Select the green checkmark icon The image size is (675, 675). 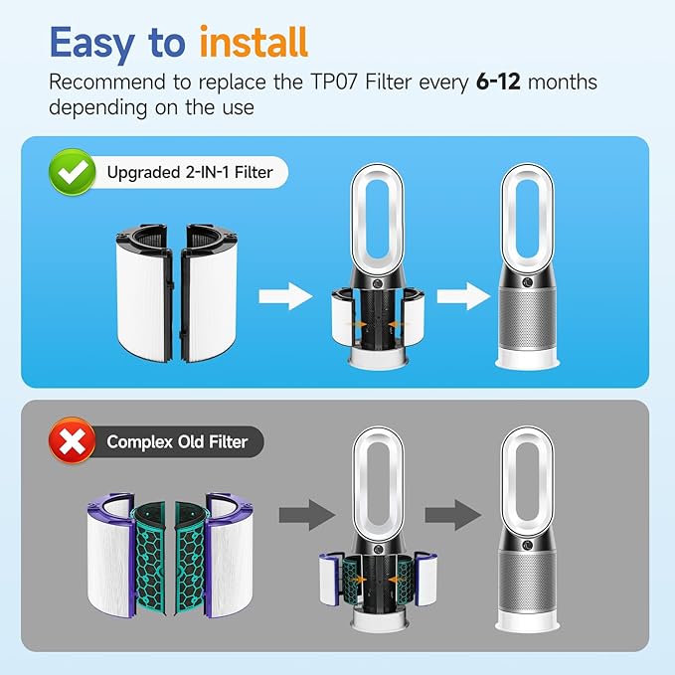click(x=71, y=173)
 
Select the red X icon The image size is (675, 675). click(x=71, y=439)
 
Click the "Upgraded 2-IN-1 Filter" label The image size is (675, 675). click(x=188, y=174)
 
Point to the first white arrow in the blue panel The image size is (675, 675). click(x=279, y=296)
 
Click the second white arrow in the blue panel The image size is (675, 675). click(x=456, y=295)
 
